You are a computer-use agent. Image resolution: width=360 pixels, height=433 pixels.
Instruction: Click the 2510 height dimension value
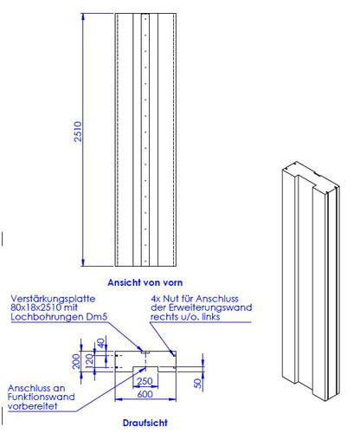(x=78, y=132)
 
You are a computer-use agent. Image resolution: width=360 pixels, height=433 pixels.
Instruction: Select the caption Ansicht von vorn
(x=145, y=282)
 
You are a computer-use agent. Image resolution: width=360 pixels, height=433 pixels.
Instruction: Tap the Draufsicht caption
(x=145, y=423)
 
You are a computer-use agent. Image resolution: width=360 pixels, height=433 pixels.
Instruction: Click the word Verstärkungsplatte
(x=53, y=299)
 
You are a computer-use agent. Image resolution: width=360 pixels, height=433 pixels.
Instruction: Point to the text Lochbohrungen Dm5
(x=59, y=317)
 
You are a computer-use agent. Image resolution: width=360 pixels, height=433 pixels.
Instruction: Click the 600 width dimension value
(x=145, y=394)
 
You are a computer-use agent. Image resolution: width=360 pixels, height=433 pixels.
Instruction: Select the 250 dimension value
(x=145, y=381)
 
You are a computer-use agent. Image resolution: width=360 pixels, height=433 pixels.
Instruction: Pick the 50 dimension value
(x=198, y=383)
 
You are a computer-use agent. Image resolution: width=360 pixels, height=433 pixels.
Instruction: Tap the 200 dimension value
(x=76, y=361)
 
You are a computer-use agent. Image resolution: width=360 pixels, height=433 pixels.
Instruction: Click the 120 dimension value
(x=90, y=361)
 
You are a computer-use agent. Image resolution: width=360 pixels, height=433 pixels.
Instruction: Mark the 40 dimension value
(x=100, y=344)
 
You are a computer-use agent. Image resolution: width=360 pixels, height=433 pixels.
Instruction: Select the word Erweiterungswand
(x=210, y=307)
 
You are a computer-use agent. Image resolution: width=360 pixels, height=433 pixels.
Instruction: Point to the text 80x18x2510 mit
(x=44, y=307)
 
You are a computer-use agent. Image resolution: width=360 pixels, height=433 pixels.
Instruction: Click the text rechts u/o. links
(x=185, y=317)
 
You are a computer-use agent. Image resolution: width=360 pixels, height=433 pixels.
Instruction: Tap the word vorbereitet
(x=32, y=406)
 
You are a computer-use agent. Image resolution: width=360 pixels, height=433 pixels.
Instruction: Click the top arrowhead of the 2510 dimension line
(x=83, y=16)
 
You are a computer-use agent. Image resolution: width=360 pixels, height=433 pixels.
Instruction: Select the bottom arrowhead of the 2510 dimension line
(x=83, y=262)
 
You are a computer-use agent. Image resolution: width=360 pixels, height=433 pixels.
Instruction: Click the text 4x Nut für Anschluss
(x=195, y=299)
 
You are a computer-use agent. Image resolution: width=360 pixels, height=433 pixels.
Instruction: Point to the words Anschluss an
(x=36, y=388)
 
